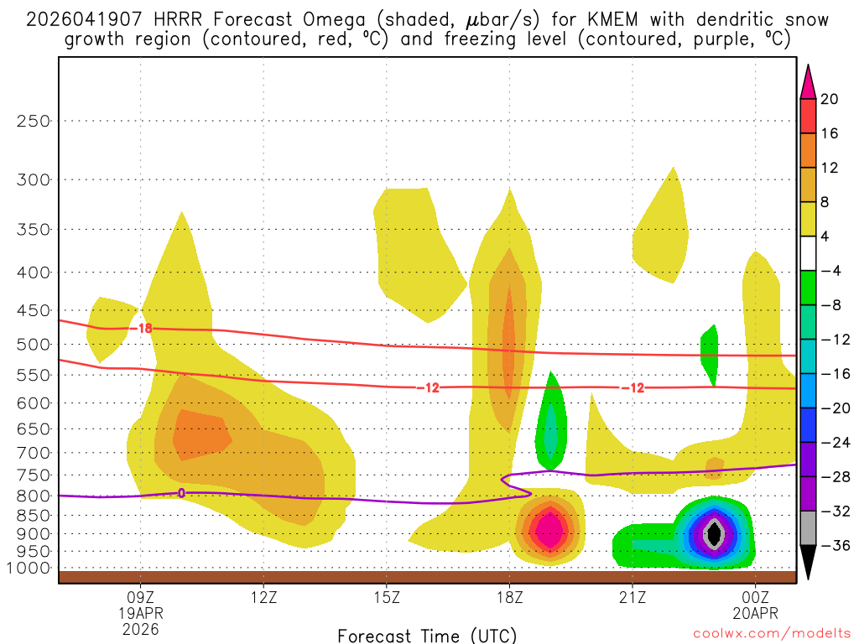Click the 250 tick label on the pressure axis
pyautogui.click(x=34, y=121)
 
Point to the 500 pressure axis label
pyautogui.click(x=34, y=345)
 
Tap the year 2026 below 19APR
pyautogui.click(x=140, y=628)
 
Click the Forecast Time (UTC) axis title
pyautogui.click(x=427, y=635)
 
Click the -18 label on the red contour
pyautogui.click(x=143, y=328)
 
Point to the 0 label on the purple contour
pyautogui.click(x=181, y=493)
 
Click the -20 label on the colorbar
pyautogui.click(x=833, y=408)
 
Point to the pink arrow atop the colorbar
pyautogui.click(x=807, y=81)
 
